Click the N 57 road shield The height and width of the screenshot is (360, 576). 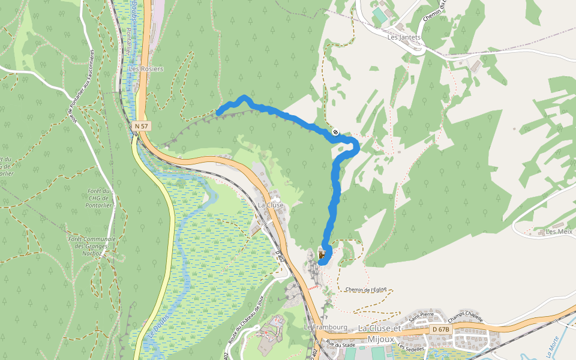(x=141, y=126)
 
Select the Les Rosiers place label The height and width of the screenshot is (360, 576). (x=146, y=69)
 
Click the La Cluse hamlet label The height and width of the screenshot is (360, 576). (x=270, y=205)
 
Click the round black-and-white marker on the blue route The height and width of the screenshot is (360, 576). (x=335, y=133)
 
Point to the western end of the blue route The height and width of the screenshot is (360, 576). (x=219, y=112)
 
